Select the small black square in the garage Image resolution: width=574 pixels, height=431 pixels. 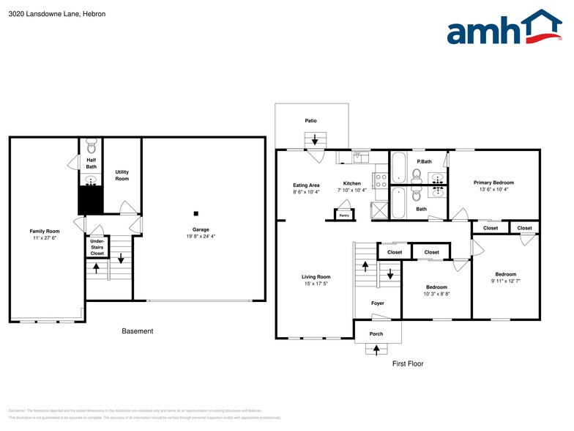coord(196,213)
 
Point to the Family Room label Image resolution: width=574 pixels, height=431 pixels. coord(44,231)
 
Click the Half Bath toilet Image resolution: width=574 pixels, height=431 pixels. coord(92,146)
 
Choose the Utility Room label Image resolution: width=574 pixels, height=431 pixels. coord(122,176)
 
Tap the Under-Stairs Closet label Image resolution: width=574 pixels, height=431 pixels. coord(97,246)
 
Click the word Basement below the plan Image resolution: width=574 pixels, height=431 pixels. coord(138,331)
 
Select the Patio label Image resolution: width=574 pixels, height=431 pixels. coord(311,120)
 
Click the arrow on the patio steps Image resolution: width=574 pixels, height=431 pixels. coord(316,139)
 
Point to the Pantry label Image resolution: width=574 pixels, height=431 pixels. coord(343,215)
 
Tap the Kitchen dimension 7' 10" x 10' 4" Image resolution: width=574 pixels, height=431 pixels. coord(352,191)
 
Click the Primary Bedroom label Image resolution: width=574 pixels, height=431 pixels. coord(493,183)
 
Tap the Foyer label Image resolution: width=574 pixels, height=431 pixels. coord(377,303)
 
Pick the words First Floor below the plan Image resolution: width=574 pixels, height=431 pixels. coord(408,364)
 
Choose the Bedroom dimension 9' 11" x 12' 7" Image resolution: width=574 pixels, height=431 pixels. coord(505,281)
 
